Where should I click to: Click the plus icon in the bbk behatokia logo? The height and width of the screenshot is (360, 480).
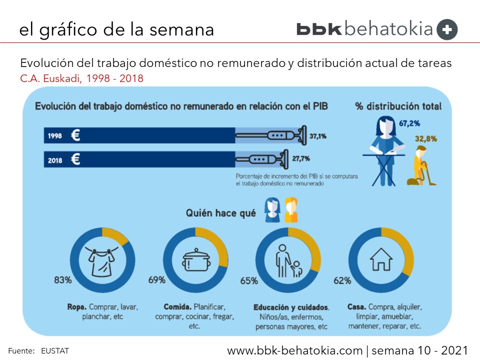[447, 29]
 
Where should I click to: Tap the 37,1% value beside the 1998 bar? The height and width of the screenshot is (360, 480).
[318, 135]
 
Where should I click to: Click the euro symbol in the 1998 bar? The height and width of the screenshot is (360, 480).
[75, 135]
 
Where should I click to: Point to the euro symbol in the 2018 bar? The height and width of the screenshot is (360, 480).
[75, 159]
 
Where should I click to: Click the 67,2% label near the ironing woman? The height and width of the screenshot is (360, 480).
[409, 122]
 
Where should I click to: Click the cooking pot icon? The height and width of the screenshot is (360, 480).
[194, 260]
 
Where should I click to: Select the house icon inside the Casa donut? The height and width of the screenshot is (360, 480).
[380, 259]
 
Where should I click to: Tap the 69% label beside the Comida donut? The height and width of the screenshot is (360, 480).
[156, 280]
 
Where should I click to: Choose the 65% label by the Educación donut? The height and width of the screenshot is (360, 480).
[248, 280]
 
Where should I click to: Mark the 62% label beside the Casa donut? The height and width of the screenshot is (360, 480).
[342, 280]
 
